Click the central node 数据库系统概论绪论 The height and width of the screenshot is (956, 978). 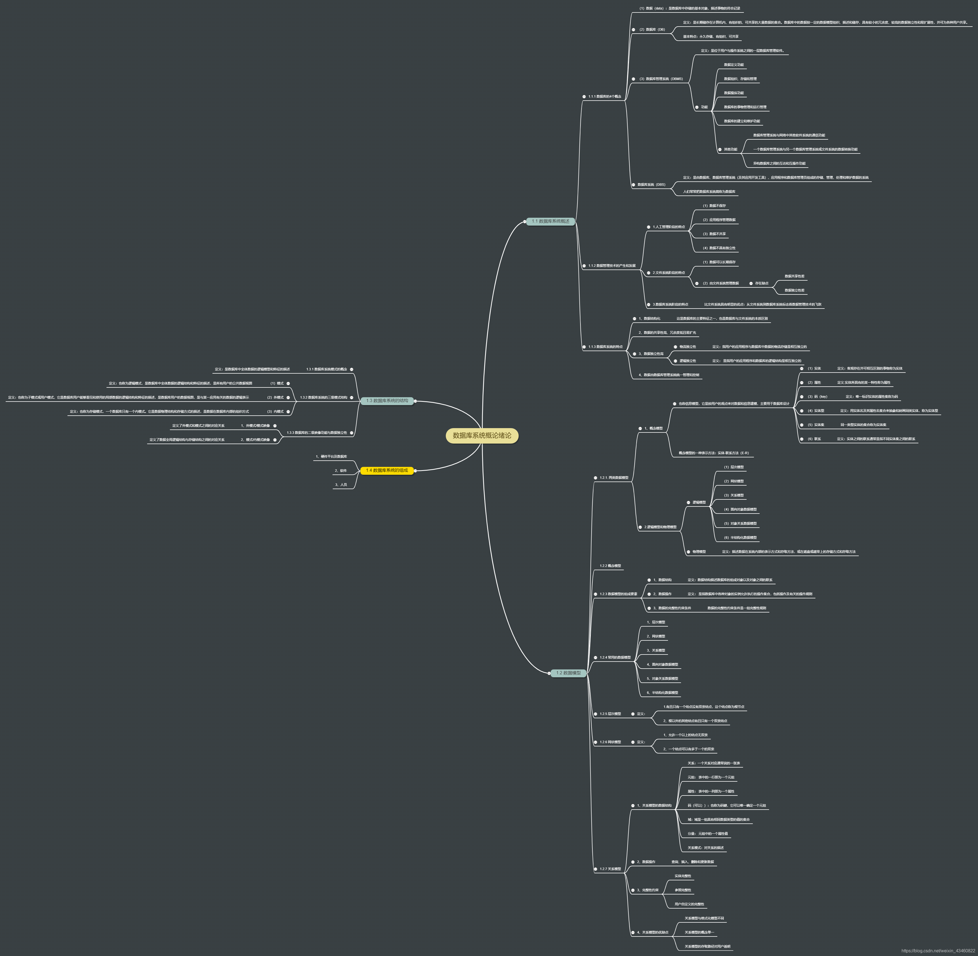[482, 435]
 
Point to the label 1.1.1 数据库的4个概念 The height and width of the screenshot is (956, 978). [605, 97]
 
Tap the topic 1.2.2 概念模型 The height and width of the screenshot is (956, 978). [610, 566]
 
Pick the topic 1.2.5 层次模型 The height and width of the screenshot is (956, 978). [610, 714]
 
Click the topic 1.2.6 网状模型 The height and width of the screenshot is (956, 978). [610, 742]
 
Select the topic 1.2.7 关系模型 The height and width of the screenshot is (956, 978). [610, 869]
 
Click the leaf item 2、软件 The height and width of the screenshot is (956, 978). [341, 470]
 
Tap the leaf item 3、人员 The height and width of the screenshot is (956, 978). [341, 485]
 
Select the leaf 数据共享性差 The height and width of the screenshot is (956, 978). [794, 276]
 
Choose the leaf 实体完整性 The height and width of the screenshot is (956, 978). [682, 876]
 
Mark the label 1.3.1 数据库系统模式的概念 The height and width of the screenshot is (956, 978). [326, 369]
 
